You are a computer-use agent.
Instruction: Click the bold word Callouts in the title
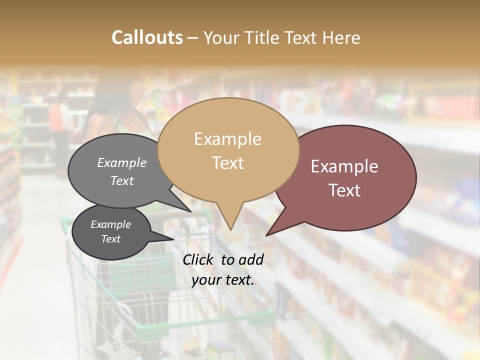click(x=147, y=37)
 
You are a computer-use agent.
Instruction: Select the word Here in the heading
click(x=342, y=37)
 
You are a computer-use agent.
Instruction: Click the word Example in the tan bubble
click(x=227, y=139)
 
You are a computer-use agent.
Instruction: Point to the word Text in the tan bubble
click(x=227, y=162)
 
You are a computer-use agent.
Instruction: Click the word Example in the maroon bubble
click(x=344, y=166)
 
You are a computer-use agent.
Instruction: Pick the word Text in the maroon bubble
click(x=344, y=190)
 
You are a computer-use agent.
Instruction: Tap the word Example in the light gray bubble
click(x=122, y=162)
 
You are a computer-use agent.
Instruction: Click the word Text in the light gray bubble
click(x=122, y=180)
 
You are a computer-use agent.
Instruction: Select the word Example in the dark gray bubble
click(x=110, y=224)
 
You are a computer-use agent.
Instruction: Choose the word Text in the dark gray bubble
click(x=110, y=239)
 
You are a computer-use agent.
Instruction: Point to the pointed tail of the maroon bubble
click(x=272, y=230)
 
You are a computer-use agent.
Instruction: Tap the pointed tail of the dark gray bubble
click(x=167, y=238)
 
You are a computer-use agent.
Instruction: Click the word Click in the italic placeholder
click(x=198, y=259)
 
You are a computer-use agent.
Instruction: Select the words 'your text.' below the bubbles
click(x=223, y=280)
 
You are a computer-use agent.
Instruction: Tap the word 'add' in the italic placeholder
click(x=251, y=259)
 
